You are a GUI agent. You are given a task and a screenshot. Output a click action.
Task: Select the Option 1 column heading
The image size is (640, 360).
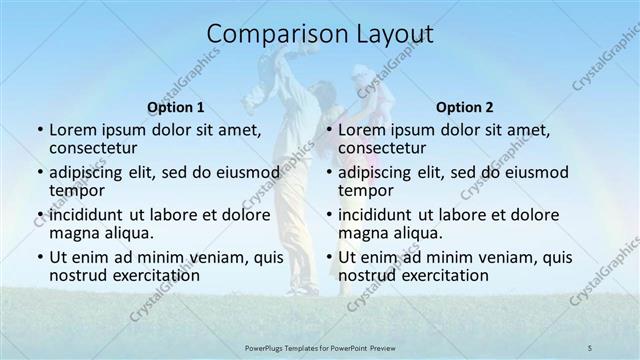(175, 106)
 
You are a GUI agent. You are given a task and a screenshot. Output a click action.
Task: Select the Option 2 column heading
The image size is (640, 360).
(464, 106)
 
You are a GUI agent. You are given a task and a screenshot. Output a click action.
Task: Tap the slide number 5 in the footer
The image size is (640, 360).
(590, 347)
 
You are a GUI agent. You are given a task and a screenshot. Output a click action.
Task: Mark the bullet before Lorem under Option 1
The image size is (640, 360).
(39, 130)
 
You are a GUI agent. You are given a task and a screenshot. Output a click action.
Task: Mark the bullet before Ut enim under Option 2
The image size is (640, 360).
(329, 257)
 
